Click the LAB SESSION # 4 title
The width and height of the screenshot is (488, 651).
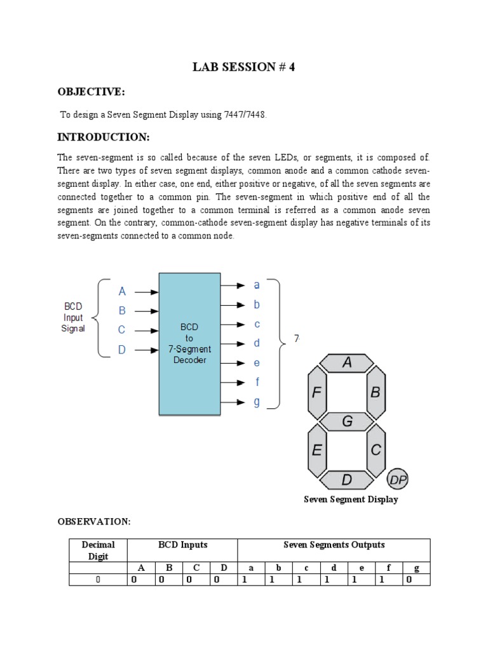244,68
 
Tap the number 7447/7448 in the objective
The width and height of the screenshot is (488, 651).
242,114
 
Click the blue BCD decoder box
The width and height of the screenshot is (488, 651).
189,344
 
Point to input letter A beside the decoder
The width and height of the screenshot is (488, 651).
123,292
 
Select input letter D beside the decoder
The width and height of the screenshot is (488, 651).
122,350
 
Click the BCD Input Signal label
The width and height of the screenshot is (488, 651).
72,317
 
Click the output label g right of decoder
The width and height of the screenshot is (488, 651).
257,402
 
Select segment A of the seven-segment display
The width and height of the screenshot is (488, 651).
347,362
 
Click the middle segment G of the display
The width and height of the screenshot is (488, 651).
347,421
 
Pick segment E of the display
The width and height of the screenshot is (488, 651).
317,449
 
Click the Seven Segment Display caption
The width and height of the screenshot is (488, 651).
351,500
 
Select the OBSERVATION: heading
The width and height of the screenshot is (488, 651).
94,521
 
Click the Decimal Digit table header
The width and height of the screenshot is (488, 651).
98,551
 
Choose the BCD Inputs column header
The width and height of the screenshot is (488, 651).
182,545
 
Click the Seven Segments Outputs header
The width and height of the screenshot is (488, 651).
334,545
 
